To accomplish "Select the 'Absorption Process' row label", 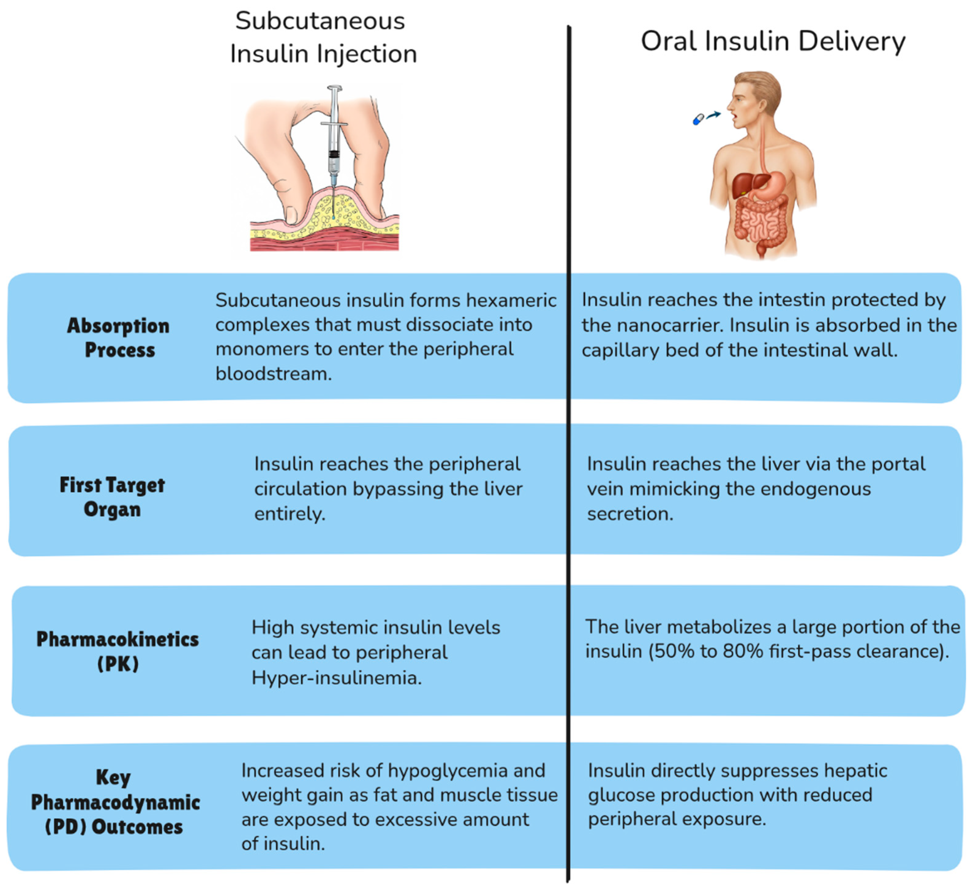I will [x=119, y=338].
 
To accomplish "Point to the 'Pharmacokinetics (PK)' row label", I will [x=118, y=651].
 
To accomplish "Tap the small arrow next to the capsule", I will [x=714, y=115].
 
